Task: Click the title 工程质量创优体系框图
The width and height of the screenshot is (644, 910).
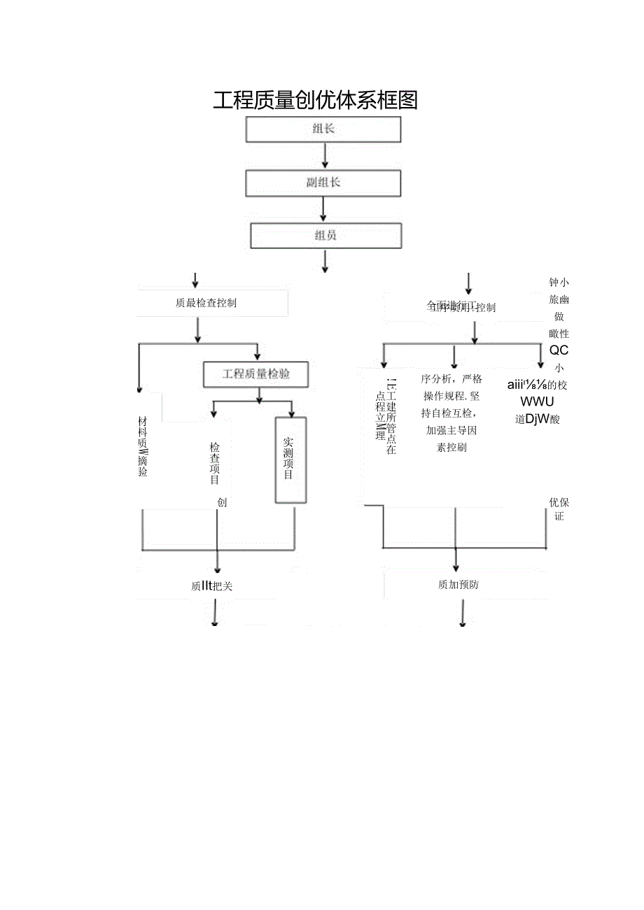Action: [315, 101]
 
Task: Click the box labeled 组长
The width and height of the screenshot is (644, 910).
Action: [323, 129]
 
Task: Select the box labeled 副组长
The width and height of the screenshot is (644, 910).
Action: [323, 183]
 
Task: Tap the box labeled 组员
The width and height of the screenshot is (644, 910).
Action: [325, 235]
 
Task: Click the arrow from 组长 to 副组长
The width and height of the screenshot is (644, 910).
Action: [324, 156]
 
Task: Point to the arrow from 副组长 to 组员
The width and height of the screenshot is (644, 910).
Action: [323, 209]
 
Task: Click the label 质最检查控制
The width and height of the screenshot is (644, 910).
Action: [206, 303]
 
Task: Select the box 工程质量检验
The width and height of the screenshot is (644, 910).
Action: [256, 374]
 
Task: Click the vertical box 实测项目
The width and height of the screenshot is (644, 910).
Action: [290, 460]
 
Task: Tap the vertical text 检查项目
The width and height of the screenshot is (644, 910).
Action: [214, 463]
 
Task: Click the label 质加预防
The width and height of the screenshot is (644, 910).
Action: [458, 585]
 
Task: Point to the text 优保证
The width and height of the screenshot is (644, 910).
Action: [559, 509]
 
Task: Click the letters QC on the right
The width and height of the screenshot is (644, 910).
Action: [559, 350]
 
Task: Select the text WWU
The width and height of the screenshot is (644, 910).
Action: [538, 401]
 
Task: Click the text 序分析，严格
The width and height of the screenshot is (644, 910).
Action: [451, 379]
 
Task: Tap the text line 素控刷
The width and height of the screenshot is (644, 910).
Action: [451, 448]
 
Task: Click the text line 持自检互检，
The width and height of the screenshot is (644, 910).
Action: [451, 413]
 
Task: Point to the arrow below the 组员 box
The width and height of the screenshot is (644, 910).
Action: [325, 260]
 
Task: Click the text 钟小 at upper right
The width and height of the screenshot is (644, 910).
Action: [559, 283]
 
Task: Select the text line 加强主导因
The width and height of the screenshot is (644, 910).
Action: [451, 430]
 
